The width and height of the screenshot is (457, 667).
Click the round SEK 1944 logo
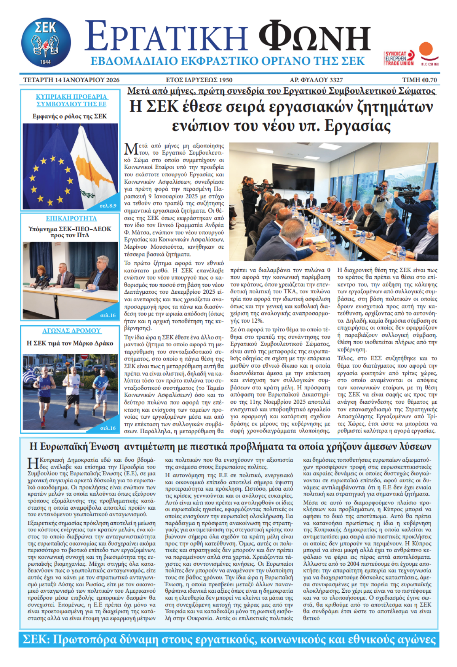[46, 43]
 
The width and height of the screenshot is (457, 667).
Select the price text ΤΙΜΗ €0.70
[419, 80]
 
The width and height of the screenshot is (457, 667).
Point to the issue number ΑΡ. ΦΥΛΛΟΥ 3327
[316, 80]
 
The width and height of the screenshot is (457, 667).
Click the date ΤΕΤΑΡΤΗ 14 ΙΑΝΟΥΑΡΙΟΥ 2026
[71, 80]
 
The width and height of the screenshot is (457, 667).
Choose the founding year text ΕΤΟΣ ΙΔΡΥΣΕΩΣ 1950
[199, 80]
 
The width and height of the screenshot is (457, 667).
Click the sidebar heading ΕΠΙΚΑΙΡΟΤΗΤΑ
[71, 218]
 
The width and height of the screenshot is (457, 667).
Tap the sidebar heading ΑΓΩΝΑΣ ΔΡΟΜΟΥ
[71, 331]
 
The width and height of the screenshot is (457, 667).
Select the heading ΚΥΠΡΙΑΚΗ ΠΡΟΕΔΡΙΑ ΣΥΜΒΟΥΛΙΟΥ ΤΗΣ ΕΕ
[71, 100]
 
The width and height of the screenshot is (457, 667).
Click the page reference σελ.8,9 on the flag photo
[108, 206]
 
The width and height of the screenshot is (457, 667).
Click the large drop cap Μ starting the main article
[131, 149]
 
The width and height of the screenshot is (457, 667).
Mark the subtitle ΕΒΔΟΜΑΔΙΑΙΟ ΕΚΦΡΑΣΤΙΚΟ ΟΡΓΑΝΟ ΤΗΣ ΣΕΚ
[227, 61]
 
